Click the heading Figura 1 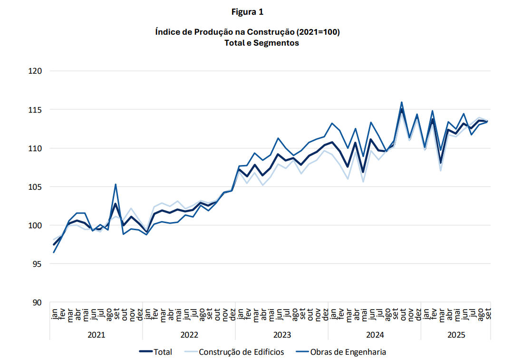click(247, 12)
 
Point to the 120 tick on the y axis click(36, 71)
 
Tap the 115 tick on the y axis click(36, 110)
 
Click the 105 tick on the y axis click(36, 187)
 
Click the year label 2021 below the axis click(96, 335)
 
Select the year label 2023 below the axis click(282, 335)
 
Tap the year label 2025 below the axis click(456, 335)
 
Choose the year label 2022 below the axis click(189, 335)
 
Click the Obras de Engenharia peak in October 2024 click(402, 102)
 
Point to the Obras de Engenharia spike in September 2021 click(116, 184)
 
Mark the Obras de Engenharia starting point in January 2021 click(54, 252)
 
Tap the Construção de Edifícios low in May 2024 click(363, 182)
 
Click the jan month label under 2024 click(332, 314)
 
